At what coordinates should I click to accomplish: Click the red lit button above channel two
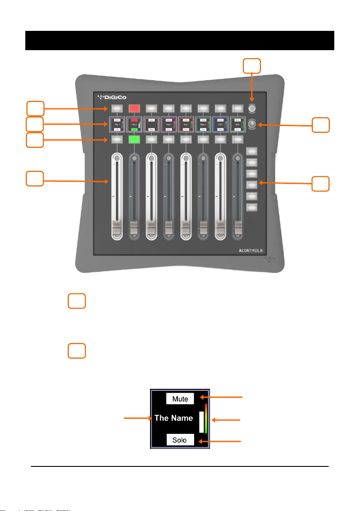[x=135, y=108]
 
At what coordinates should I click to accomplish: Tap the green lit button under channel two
[x=135, y=139]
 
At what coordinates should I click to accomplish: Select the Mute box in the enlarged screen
[x=180, y=399]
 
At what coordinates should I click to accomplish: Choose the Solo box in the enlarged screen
[x=180, y=440]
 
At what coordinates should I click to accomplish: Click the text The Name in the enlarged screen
[x=174, y=418]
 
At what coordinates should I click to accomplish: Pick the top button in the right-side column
[x=252, y=151]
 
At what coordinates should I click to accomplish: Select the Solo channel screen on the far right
[x=237, y=124]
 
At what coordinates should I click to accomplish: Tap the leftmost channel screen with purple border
[x=117, y=124]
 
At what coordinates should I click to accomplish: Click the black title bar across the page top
[x=180, y=40]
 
